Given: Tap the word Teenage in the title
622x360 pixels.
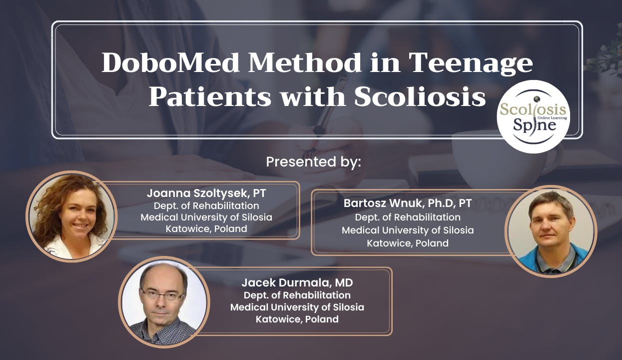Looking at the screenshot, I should tap(471, 64).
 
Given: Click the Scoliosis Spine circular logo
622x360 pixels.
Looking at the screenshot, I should tap(533, 116).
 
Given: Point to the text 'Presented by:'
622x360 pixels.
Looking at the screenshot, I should tap(313, 162).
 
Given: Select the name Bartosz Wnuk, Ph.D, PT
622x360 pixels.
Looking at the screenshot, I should tap(407, 203).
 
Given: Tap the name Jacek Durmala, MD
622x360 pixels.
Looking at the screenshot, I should tap(297, 282).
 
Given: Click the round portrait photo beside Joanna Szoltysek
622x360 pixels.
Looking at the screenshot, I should tap(71, 216).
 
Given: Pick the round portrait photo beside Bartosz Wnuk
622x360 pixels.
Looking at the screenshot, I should tap(551, 231).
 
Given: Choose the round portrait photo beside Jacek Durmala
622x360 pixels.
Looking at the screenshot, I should tap(164, 301).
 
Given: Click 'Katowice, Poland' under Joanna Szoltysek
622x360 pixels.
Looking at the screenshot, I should tap(206, 229).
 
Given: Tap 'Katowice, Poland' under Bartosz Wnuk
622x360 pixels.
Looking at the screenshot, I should tap(408, 243).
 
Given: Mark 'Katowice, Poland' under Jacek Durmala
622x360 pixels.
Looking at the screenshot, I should tap(297, 319).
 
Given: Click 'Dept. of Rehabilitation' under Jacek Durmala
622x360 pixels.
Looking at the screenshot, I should tap(297, 295).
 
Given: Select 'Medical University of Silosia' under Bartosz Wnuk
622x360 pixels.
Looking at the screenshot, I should tap(408, 230).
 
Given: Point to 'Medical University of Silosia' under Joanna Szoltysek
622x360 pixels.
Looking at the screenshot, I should tap(206, 217).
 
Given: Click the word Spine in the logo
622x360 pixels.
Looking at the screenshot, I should tap(533, 125).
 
